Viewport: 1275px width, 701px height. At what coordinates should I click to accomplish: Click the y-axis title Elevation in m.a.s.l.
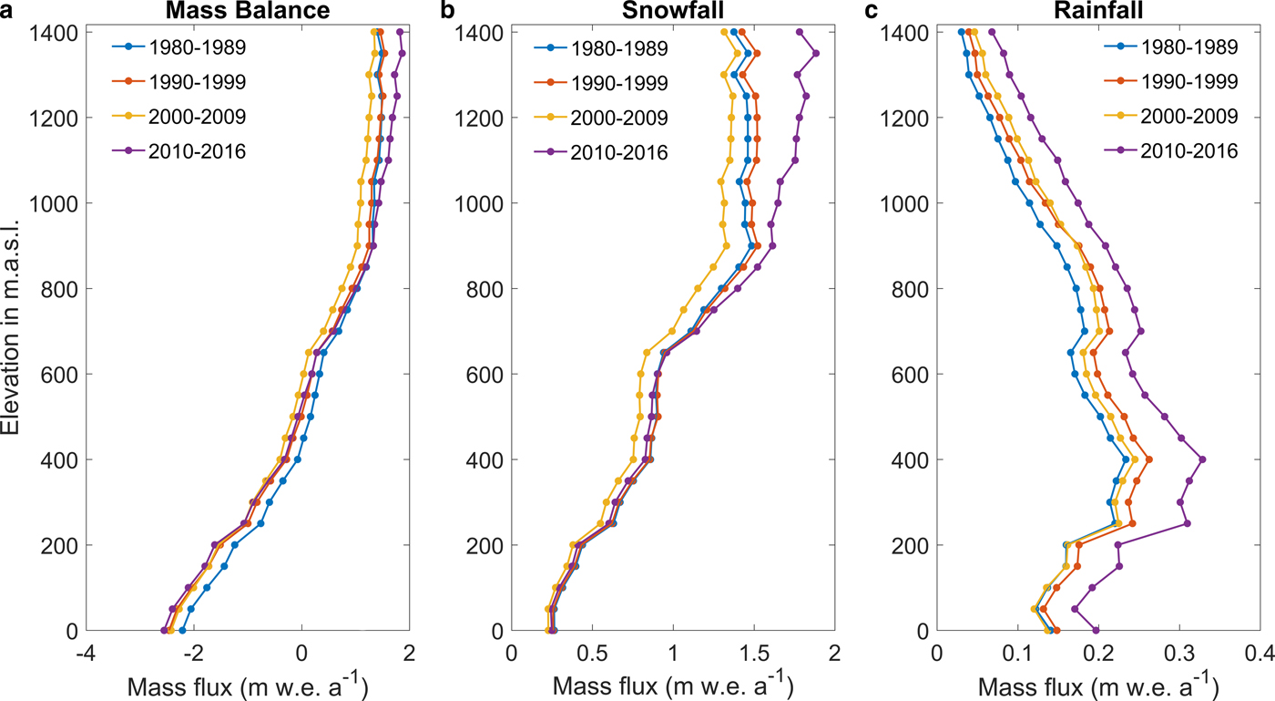[x=12, y=330]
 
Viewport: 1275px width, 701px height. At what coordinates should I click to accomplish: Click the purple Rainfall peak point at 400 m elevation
[x=1203, y=459]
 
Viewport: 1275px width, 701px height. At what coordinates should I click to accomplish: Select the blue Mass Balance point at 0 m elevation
[x=182, y=630]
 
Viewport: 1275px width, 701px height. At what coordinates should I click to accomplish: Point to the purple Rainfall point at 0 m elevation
[x=1096, y=630]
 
